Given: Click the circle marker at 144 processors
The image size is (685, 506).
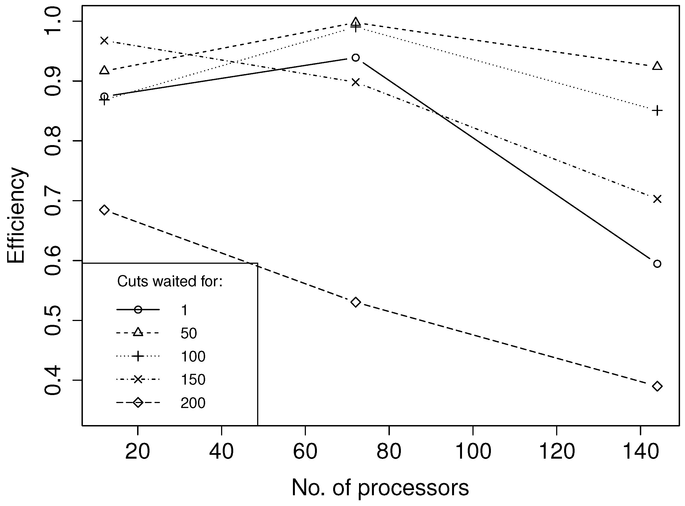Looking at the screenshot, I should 657,264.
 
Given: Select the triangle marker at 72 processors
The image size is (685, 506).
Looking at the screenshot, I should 355,22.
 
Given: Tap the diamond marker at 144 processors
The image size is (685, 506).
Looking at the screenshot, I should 657,386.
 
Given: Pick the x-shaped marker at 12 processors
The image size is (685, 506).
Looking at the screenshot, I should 104,40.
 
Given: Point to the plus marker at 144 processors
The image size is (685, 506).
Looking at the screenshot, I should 657,110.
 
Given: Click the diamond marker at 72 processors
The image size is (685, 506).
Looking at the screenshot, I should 355,302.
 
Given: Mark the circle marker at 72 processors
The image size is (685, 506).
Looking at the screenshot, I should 355,58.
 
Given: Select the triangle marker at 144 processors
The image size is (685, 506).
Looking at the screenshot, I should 657,66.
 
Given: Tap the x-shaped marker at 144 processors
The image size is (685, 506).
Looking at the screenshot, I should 657,199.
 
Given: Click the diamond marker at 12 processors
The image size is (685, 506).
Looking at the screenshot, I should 104,210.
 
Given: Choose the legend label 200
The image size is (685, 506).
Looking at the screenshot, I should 193,403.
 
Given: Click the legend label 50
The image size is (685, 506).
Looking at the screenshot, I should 188,333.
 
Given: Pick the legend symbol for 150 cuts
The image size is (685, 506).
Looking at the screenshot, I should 138,379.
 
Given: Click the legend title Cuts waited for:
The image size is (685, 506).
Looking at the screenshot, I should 170,281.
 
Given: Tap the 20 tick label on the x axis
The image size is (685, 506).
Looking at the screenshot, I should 138,451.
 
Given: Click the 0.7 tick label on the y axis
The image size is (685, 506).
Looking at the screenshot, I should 53,200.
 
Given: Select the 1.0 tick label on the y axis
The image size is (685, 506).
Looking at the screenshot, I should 53,21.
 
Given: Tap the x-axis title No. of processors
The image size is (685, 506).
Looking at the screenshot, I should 380,487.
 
